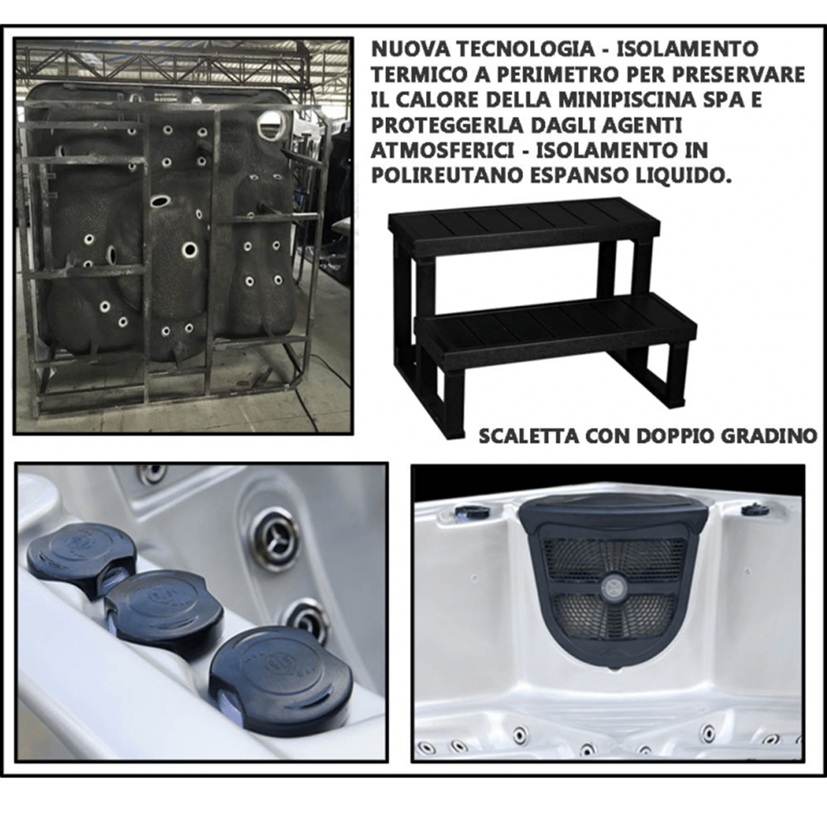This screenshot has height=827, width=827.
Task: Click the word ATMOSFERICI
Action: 442,150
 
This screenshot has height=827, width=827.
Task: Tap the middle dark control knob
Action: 165,606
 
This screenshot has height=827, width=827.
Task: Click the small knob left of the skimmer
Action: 471,511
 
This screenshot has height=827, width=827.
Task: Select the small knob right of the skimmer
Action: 753,509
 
